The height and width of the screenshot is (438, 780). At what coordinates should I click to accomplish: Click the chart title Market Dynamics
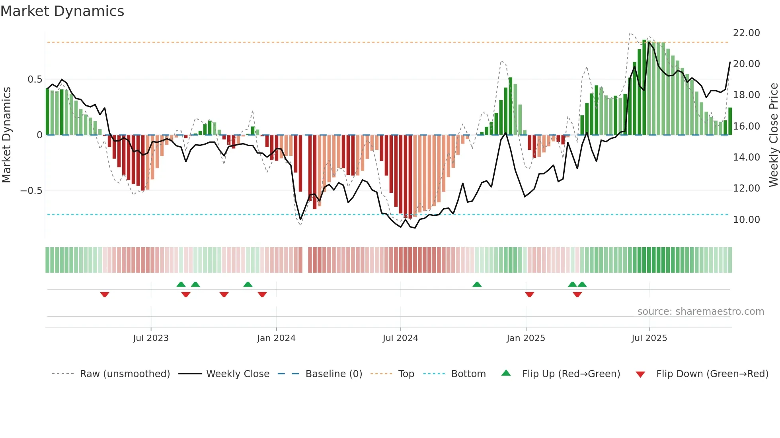[62, 11]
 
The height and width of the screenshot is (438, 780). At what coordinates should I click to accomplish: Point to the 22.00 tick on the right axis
[746, 33]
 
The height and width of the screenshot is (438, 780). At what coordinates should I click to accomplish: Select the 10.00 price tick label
[746, 220]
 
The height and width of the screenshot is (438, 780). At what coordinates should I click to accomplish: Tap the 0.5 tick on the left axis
[35, 79]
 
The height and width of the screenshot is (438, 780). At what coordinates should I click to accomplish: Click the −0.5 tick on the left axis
[31, 191]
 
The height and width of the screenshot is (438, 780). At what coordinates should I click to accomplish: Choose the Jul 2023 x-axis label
[151, 338]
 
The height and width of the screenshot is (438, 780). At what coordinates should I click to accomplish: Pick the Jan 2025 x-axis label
[526, 338]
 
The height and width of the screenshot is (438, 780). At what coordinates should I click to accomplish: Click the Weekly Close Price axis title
[773, 135]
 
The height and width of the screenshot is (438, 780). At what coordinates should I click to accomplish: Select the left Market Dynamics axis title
[6, 135]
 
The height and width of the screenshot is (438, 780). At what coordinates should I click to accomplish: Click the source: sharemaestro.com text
[700, 312]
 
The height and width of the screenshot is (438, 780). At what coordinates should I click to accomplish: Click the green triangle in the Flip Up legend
[506, 373]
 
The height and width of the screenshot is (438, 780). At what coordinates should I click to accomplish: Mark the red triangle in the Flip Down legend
[640, 374]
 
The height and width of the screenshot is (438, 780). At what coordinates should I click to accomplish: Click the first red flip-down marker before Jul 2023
[105, 295]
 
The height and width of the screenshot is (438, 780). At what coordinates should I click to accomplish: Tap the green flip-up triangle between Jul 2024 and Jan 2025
[477, 284]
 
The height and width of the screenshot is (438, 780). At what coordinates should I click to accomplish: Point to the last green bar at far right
[730, 121]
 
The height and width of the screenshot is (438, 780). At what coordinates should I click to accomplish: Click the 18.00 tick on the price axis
[746, 95]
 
